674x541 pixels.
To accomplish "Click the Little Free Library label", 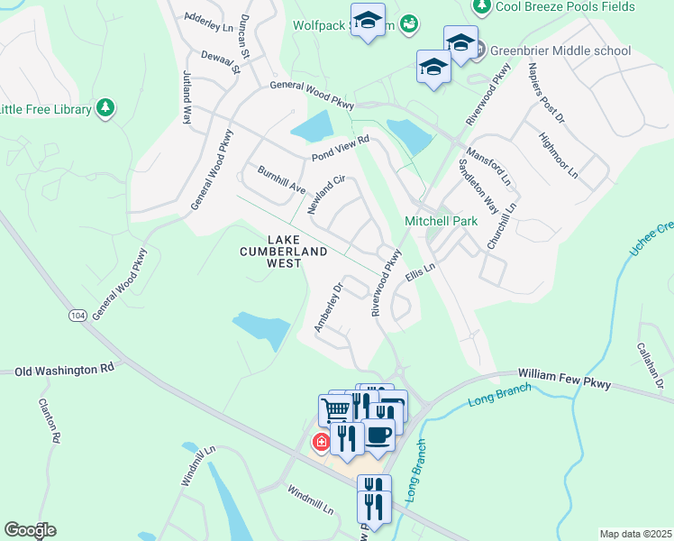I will click(x=45, y=110).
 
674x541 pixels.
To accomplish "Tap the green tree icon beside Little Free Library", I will click(x=106, y=109).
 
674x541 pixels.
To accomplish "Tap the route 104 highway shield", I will click(x=77, y=315).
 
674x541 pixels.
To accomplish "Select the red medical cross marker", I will click(x=320, y=443).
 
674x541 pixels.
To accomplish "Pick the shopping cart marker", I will click(x=335, y=409).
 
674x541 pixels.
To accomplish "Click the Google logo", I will click(x=29, y=530).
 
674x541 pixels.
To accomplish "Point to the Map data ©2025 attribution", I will click(x=635, y=534).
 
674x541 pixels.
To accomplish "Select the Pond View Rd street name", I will click(x=341, y=149).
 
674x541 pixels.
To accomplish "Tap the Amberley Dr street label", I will click(x=329, y=307).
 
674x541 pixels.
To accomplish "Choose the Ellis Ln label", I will click(x=420, y=270).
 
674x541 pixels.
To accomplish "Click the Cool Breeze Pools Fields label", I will click(x=577, y=7).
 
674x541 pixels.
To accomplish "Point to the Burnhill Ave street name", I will click(x=281, y=179).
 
